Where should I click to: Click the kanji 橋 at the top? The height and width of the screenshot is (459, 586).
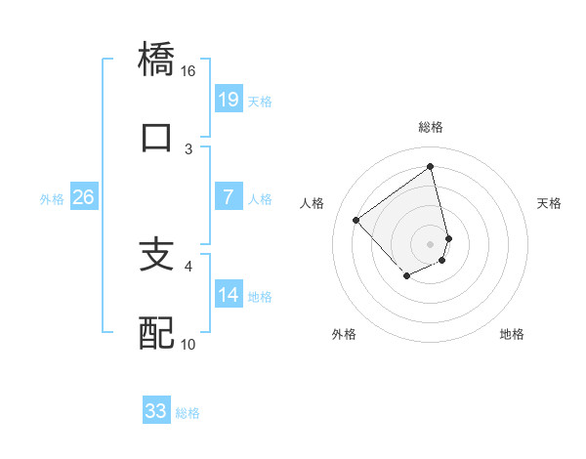(x=157, y=59)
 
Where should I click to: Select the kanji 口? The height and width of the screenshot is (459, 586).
(x=157, y=138)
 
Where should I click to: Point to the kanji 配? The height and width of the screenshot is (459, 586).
(x=157, y=333)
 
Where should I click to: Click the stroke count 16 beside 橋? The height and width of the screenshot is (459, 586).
(x=188, y=71)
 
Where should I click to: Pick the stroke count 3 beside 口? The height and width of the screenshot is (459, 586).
(x=188, y=149)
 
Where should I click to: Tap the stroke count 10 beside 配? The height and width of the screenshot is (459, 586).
(x=188, y=344)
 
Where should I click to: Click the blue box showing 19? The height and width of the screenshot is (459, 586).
(x=228, y=99)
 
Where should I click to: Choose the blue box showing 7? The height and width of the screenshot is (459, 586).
(x=228, y=197)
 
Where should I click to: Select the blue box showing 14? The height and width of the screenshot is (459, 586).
(x=228, y=295)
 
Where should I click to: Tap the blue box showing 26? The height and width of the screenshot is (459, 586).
(x=83, y=197)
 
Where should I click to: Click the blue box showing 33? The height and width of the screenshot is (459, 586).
(x=155, y=411)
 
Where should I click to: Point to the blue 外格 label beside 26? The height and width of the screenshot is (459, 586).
(x=52, y=198)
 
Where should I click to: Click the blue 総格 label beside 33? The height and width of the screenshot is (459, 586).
(x=188, y=413)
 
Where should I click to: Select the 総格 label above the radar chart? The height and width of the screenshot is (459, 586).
(x=431, y=127)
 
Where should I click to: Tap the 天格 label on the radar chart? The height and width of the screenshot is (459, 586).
(x=550, y=203)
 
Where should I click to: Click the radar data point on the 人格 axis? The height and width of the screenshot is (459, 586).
(x=356, y=221)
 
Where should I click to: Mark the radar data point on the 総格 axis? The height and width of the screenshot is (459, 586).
(x=431, y=166)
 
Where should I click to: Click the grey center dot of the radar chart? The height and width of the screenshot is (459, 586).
(x=431, y=243)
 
